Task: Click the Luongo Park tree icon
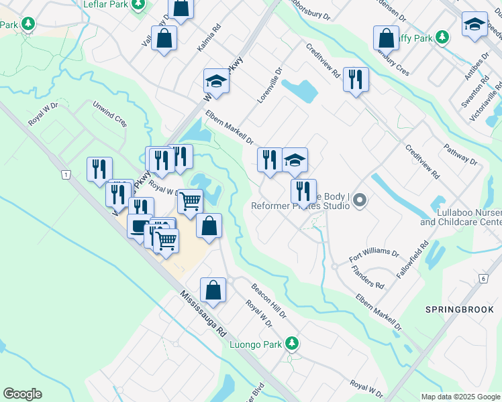pyautogui.click(x=291, y=344)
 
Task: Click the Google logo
pyautogui.click(x=22, y=394)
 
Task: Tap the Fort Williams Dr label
pyautogui.click(x=374, y=256)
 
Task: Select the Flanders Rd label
pyautogui.click(x=370, y=277)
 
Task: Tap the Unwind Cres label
pyautogui.click(x=110, y=114)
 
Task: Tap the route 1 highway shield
pyautogui.click(x=65, y=174)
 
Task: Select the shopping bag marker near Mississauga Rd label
pyautogui.click(x=213, y=290)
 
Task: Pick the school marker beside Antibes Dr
pyautogui.click(x=474, y=25)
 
